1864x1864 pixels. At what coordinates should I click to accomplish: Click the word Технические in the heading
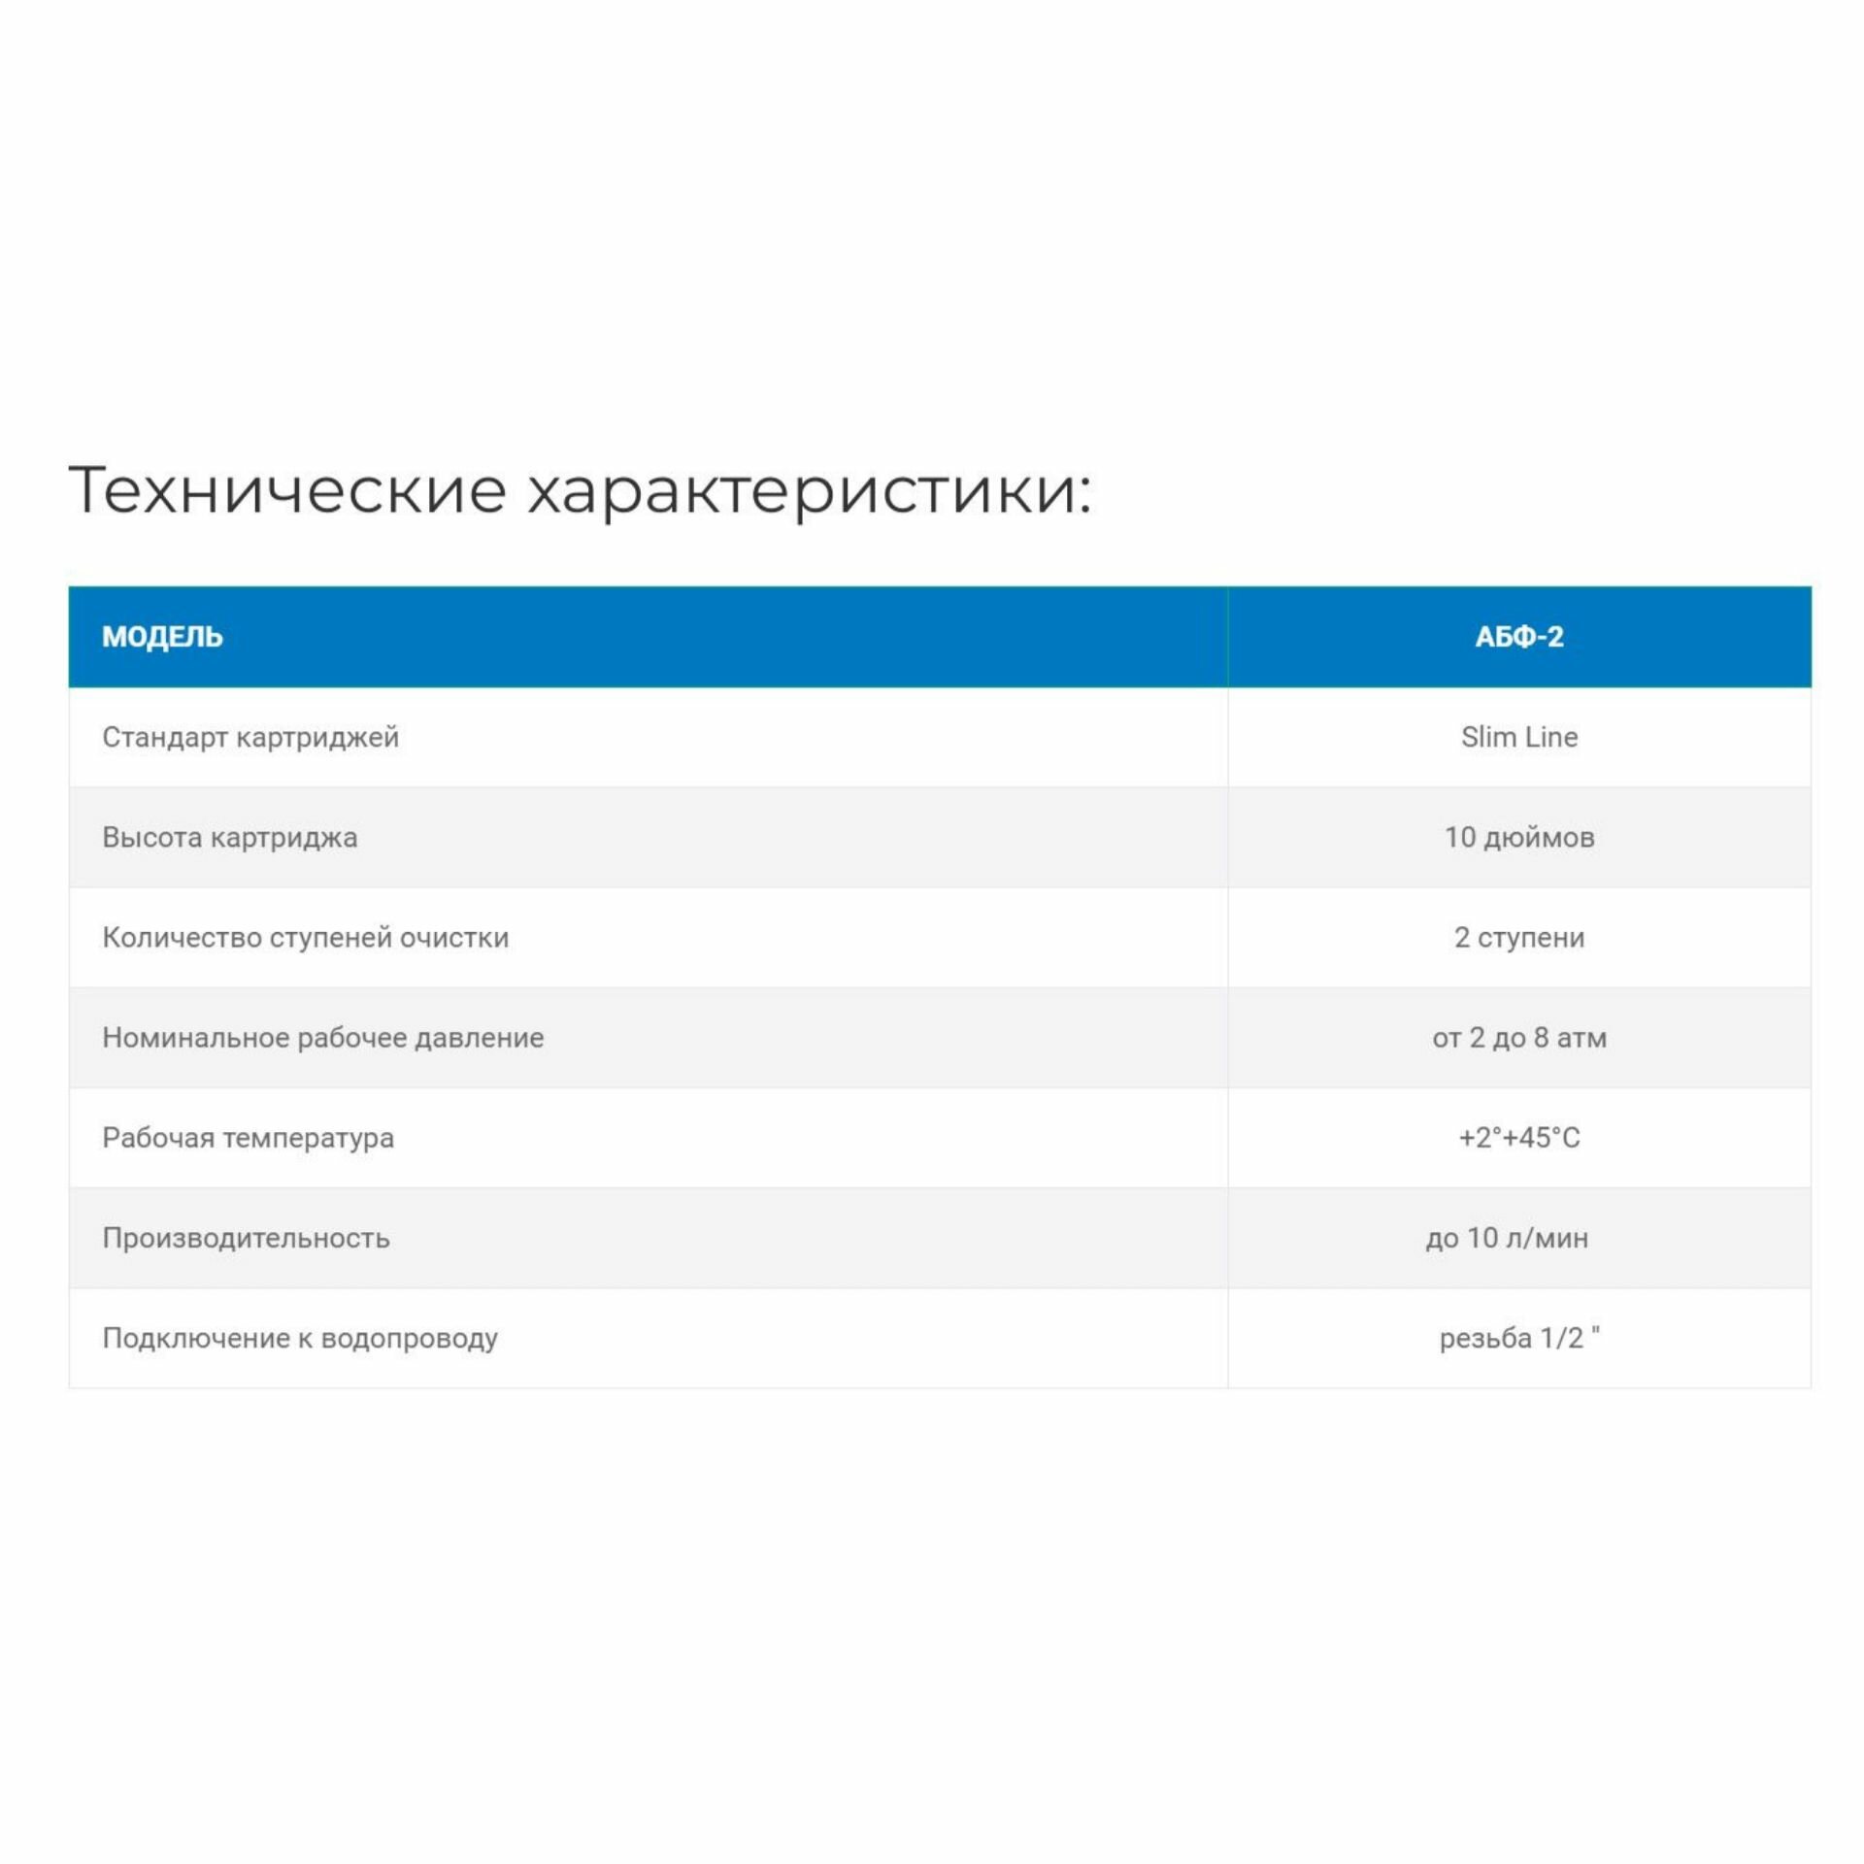pyautogui.click(x=287, y=489)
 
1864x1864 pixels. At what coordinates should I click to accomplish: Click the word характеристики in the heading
pyautogui.click(x=809, y=491)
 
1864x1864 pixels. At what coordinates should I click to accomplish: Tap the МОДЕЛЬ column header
pyautogui.click(x=162, y=637)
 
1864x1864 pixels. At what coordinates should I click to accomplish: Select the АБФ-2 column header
pyautogui.click(x=1518, y=637)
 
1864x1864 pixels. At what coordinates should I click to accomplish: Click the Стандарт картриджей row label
pyautogui.click(x=250, y=738)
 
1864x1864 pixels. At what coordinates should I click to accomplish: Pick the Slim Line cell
pyautogui.click(x=1518, y=738)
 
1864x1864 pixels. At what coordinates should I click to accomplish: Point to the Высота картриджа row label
pyautogui.click(x=229, y=838)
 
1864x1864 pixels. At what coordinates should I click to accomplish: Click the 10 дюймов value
pyautogui.click(x=1518, y=838)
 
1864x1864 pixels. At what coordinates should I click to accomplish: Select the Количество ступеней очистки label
pyautogui.click(x=305, y=938)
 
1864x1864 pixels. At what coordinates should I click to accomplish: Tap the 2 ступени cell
pyautogui.click(x=1518, y=938)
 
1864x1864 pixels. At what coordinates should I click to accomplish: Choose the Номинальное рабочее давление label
pyautogui.click(x=322, y=1038)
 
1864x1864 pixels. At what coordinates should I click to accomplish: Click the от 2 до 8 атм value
pyautogui.click(x=1518, y=1038)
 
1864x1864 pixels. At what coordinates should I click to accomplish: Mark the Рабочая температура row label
pyautogui.click(x=248, y=1138)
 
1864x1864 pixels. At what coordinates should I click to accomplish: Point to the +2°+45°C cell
pyautogui.click(x=1518, y=1138)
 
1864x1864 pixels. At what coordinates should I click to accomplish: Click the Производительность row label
pyautogui.click(x=246, y=1239)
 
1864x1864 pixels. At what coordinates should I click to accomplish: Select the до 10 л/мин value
pyautogui.click(x=1507, y=1239)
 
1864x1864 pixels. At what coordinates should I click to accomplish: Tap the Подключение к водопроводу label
pyautogui.click(x=300, y=1339)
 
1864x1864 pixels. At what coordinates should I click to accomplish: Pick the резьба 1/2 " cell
pyautogui.click(x=1518, y=1339)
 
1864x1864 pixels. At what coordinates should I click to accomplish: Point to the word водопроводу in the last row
pyautogui.click(x=409, y=1340)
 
